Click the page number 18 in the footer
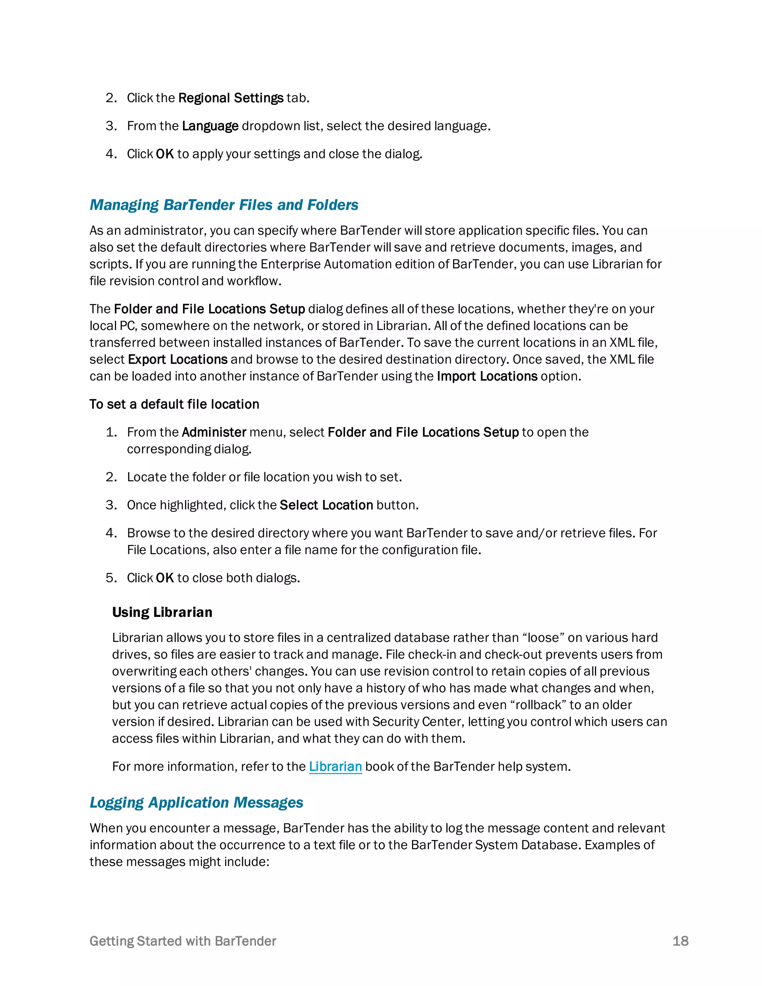680,941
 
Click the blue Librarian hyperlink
335,766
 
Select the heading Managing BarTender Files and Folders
224,205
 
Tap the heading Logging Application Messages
196,802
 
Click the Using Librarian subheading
162,612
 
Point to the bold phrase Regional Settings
231,98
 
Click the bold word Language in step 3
210,126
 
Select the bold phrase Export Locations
177,359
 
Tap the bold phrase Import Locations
487,376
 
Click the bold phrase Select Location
326,505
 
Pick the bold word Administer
214,432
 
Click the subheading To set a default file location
174,404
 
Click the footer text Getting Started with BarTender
183,941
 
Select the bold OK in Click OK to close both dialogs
164,578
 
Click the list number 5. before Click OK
111,578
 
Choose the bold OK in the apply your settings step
164,154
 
